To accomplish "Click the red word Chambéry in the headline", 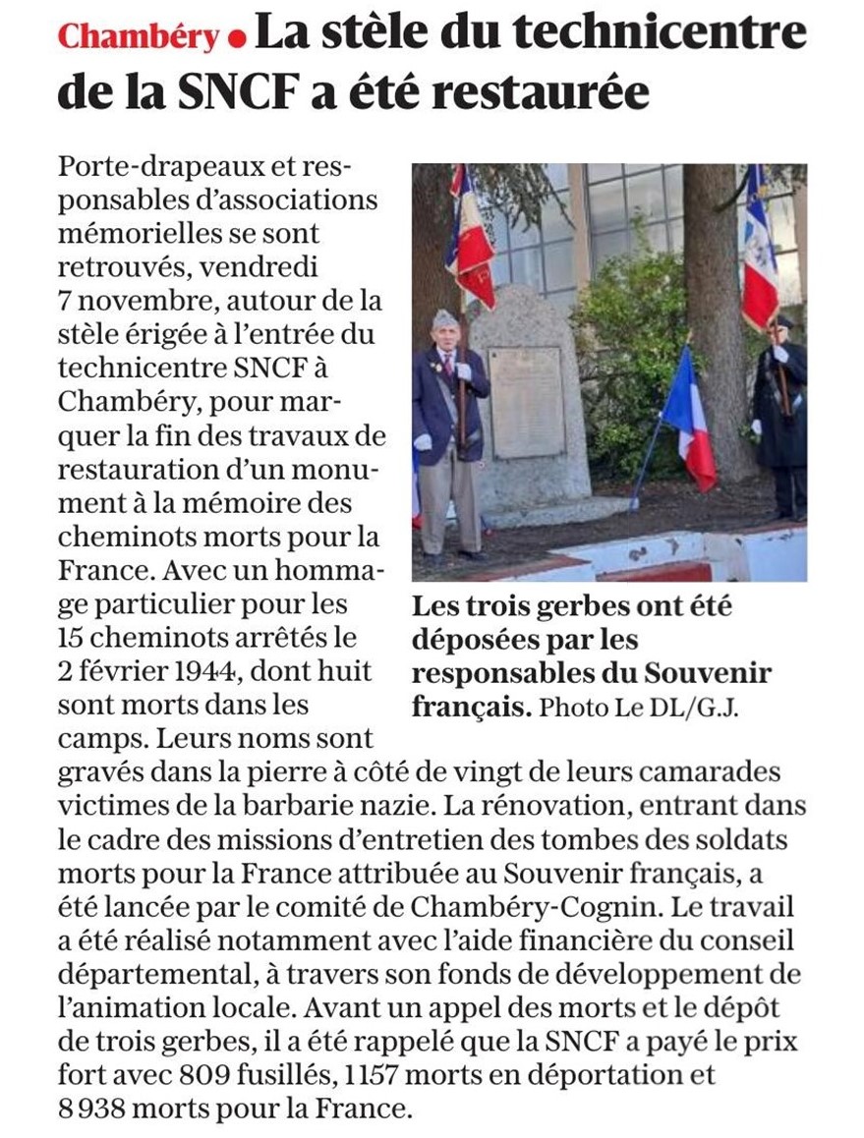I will pyautogui.click(x=138, y=37).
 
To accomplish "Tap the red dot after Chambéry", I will pyautogui.click(x=236, y=39).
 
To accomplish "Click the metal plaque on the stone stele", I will pyautogui.click(x=527, y=403).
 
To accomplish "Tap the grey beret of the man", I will pyautogui.click(x=444, y=317).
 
